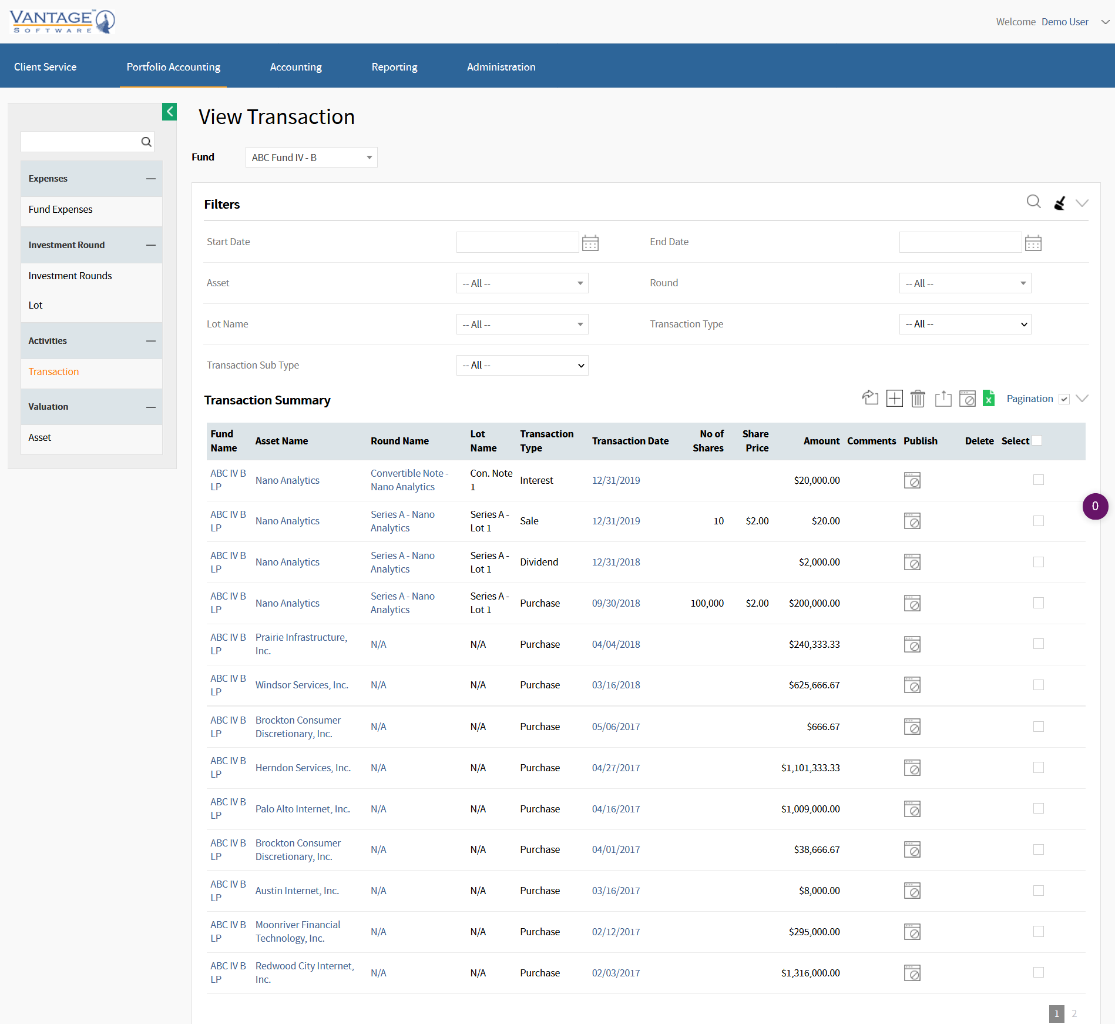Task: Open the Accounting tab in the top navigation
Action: pos(295,67)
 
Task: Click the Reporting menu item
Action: pos(394,67)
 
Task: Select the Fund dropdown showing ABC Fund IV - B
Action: pos(311,158)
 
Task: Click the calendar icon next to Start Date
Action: pos(590,243)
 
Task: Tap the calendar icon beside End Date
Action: pos(1033,243)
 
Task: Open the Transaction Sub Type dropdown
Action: pos(522,365)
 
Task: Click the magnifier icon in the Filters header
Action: pos(1033,202)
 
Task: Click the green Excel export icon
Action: pos(989,399)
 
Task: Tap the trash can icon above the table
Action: pos(918,399)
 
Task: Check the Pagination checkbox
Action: pos(1064,399)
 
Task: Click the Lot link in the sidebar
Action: pos(35,305)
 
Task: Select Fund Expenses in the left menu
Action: pos(61,209)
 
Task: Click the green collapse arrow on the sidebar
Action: pos(169,112)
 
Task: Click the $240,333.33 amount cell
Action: pos(814,644)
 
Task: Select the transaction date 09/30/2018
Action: pos(616,603)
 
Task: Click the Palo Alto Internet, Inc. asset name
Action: pos(303,809)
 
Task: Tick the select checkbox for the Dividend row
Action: pos(1038,562)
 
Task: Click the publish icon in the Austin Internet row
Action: pos(912,891)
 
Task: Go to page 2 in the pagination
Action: pos(1074,1013)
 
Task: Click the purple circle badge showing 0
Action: pos(1095,506)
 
